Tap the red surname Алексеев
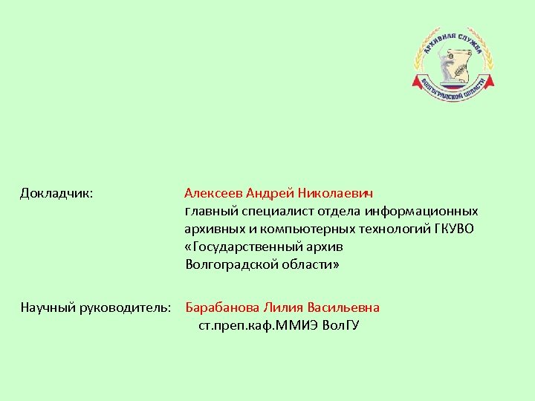point(213,193)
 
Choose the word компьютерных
point(314,229)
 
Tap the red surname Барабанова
point(220,307)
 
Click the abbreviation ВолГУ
point(341,325)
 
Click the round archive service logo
point(453,62)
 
